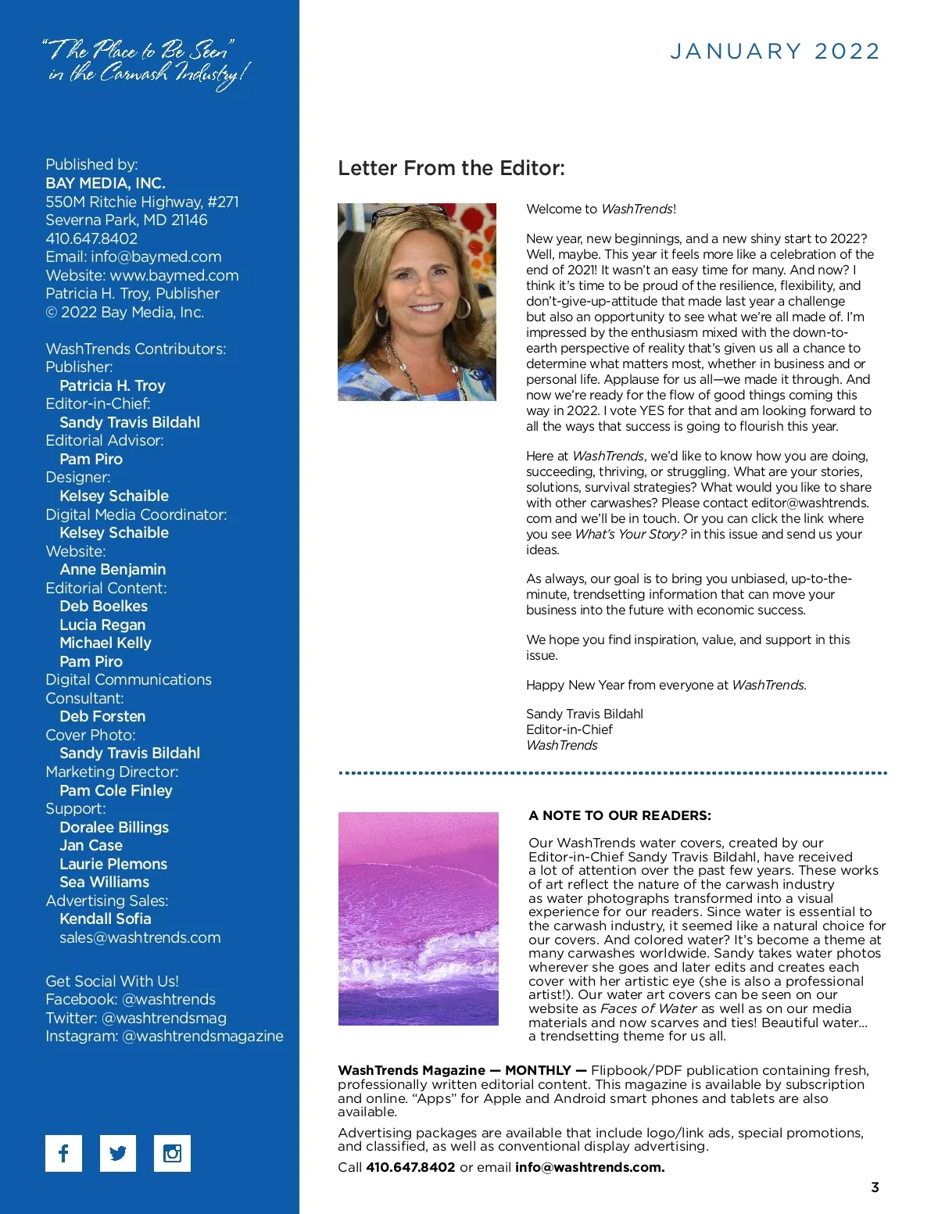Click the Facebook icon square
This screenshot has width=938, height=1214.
63,1153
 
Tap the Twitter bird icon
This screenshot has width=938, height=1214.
118,1153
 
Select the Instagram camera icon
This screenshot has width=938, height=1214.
172,1153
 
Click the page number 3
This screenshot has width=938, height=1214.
875,1187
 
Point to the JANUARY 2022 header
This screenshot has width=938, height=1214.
775,52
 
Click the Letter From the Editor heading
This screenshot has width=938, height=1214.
451,168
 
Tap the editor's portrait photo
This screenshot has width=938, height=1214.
417,302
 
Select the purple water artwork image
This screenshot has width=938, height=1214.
418,919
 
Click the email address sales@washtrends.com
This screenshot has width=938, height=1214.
140,937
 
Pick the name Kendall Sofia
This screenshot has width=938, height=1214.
106,919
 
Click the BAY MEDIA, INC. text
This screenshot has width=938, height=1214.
106,183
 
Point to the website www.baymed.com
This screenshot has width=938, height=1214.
174,275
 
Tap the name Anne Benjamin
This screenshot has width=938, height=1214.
113,569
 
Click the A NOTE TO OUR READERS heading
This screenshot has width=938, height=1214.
620,815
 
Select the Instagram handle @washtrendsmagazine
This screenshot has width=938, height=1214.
203,1036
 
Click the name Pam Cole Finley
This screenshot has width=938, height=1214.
116,790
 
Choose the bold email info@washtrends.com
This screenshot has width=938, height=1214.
589,1167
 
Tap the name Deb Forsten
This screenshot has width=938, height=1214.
102,716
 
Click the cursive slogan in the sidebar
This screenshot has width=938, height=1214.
146,63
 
